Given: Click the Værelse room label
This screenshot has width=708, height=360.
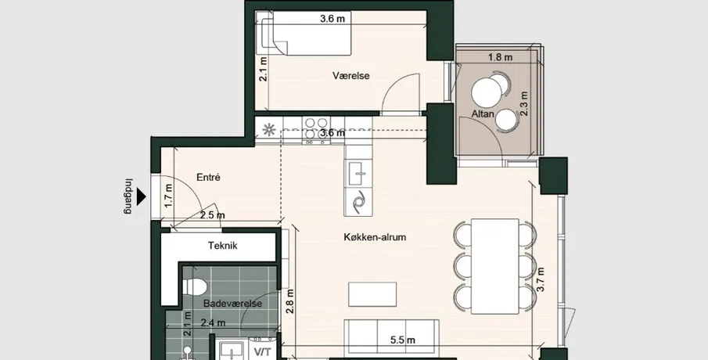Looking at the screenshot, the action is (x=351, y=75).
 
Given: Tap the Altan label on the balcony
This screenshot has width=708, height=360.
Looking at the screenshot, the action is (x=483, y=113).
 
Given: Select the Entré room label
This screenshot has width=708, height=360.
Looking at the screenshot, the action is (x=208, y=178).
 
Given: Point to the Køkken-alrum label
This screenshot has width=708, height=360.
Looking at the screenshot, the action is (x=375, y=236).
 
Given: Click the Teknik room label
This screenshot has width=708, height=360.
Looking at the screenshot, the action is (x=223, y=246).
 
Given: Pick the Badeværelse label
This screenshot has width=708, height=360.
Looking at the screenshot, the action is (x=232, y=304).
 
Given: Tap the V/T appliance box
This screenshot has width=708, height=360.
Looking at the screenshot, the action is (x=262, y=351).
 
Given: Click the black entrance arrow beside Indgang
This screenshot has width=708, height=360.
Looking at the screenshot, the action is (x=142, y=197).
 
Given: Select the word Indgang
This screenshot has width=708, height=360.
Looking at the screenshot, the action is (x=128, y=196).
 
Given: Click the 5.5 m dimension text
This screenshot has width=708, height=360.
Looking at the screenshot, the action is (x=403, y=340).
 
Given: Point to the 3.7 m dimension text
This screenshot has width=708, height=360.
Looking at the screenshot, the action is (x=541, y=279).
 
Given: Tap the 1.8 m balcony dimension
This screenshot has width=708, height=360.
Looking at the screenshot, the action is (x=501, y=57).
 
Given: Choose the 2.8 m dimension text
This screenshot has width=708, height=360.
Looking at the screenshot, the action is (x=290, y=301).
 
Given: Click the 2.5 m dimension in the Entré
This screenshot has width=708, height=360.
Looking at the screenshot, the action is (x=212, y=215).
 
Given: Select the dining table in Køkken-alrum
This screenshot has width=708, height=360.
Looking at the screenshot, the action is (x=495, y=266).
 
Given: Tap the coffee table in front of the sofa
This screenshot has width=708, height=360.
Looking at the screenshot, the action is (x=372, y=294).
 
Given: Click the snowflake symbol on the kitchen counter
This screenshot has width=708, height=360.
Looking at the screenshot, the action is (x=270, y=130).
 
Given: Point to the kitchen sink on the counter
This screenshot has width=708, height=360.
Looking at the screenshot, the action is (x=359, y=172).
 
